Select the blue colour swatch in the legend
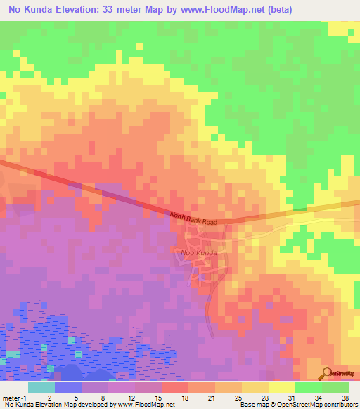pyautogui.click(x=67, y=387)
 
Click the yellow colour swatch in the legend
pyautogui.click(x=281, y=387)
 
